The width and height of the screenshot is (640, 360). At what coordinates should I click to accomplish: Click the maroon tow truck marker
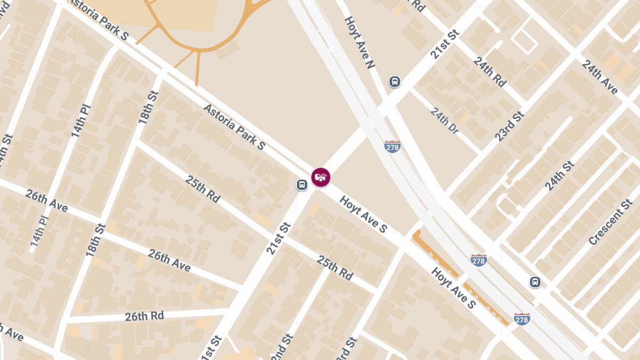321,177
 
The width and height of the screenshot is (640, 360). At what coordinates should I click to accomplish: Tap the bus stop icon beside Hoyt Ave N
395,82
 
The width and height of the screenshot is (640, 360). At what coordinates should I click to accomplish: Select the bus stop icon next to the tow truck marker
302,185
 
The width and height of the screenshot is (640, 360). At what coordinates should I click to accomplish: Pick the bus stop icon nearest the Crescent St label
535,282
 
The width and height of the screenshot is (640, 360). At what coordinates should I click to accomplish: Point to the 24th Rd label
489,72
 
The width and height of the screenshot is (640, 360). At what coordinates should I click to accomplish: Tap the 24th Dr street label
444,121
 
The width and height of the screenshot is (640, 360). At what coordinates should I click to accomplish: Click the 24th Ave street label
599,77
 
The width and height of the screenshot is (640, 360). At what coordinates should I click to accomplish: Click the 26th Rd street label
144,316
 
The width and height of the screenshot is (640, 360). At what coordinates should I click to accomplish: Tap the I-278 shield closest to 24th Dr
392,147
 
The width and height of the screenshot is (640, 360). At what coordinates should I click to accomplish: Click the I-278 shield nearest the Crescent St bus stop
522,318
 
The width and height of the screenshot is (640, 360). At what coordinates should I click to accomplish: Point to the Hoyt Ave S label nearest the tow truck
364,214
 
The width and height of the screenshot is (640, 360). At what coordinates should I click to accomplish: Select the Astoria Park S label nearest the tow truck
234,126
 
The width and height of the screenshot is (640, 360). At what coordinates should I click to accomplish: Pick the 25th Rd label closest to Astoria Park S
203,188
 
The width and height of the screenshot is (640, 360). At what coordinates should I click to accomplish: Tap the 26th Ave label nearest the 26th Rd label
169,260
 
